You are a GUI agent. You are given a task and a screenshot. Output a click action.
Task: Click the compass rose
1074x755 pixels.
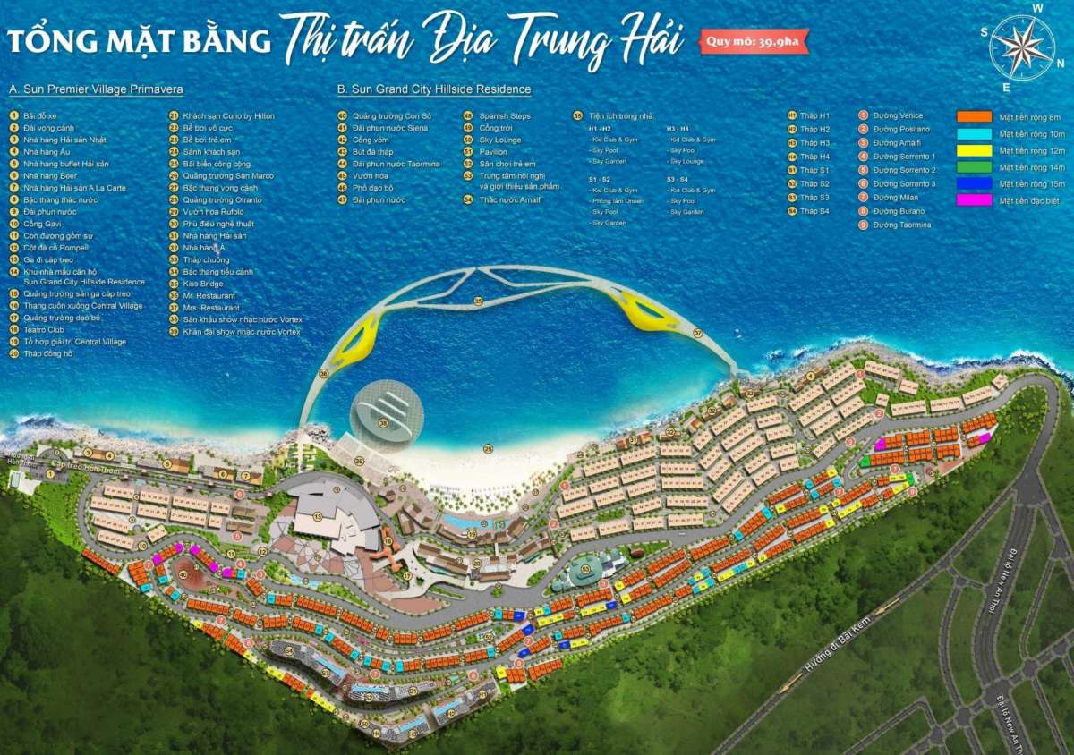coord(1021,47)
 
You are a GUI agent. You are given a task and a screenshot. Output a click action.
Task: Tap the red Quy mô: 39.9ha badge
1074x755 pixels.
coord(754,41)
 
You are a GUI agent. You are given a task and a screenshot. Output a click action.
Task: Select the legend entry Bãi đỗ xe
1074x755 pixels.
coord(40,116)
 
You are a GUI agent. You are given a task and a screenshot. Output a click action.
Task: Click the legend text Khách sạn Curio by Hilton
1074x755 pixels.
coord(228,116)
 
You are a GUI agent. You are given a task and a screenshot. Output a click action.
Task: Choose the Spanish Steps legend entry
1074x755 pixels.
coord(504,116)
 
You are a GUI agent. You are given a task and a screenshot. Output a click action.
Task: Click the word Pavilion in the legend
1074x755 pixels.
coord(493,152)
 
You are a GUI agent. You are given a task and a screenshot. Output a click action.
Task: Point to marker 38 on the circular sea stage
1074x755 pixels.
coord(383,424)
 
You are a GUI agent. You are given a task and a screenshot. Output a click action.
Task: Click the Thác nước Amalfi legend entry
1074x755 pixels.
coord(510,199)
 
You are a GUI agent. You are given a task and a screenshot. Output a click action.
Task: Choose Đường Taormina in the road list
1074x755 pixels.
coord(901,225)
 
